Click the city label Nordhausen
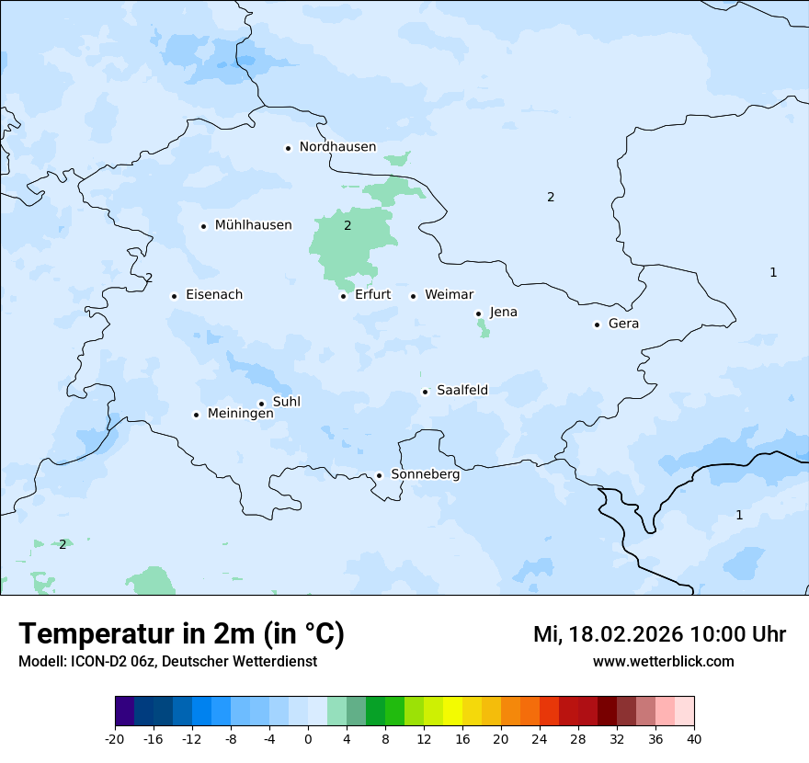(337, 147)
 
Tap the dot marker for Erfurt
(344, 296)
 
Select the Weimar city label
(449, 295)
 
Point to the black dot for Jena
(479, 313)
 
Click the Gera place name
(623, 324)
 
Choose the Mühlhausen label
(253, 225)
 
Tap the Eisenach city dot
(174, 296)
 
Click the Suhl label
(286, 402)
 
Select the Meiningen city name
(240, 414)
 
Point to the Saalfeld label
(461, 391)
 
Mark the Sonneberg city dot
(379, 476)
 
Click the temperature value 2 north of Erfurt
(348, 225)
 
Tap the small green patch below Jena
(483, 328)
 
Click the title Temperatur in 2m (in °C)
(181, 634)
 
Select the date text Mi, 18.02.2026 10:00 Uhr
(659, 634)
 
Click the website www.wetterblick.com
(663, 661)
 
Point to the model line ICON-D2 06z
(167, 661)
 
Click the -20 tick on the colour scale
(115, 738)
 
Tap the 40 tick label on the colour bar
(693, 738)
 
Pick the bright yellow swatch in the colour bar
(452, 712)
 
